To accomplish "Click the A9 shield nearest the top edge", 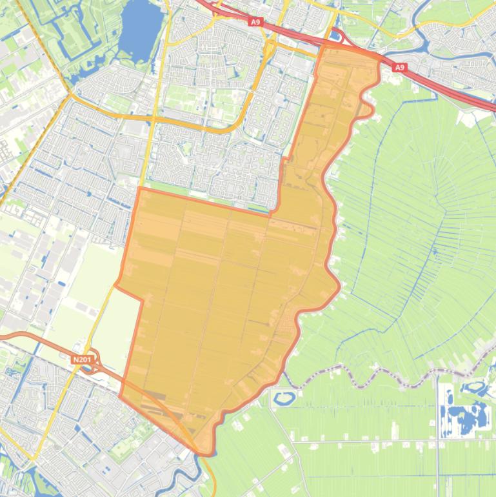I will click(255, 22).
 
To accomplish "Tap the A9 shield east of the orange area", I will click(400, 67).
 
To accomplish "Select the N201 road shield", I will click(81, 360).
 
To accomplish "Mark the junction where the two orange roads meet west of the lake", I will click(70, 96).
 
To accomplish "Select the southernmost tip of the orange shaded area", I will click(205, 454).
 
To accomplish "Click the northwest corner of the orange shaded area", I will click(139, 188).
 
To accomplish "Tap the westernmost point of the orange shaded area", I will click(116, 284).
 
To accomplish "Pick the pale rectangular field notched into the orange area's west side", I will click(116, 336).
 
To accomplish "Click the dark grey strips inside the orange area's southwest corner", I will click(155, 394).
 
